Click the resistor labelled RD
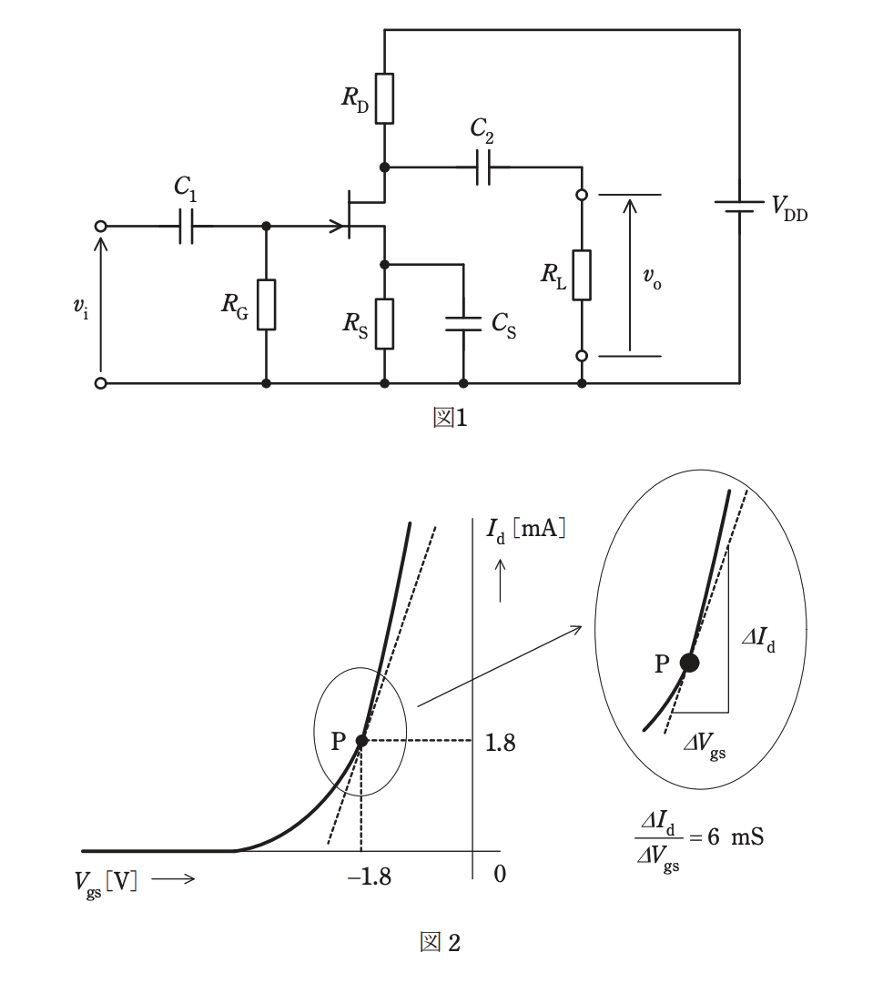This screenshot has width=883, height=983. pyautogui.click(x=384, y=98)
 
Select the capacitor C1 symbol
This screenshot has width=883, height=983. pyautogui.click(x=187, y=227)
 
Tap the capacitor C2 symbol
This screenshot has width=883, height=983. pyautogui.click(x=482, y=167)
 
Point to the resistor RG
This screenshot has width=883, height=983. pyautogui.click(x=266, y=305)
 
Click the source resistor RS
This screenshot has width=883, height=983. pyautogui.click(x=384, y=323)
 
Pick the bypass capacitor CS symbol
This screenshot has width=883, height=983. pyautogui.click(x=463, y=323)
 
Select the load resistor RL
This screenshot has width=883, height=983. pyautogui.click(x=582, y=275)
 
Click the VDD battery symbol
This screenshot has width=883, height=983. pyautogui.click(x=739, y=207)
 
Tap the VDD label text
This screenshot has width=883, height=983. pyautogui.click(x=789, y=208)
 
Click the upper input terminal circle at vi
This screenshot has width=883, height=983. pyautogui.click(x=100, y=227)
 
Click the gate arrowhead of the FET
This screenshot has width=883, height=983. pyautogui.click(x=340, y=227)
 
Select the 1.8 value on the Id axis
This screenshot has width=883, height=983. pyautogui.click(x=501, y=743)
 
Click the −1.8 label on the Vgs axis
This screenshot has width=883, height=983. pyautogui.click(x=370, y=877)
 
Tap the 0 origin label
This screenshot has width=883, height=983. pyautogui.click(x=500, y=874)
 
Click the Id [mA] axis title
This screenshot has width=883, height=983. pyautogui.click(x=525, y=531)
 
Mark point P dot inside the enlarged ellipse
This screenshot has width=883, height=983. pyautogui.click(x=689, y=663)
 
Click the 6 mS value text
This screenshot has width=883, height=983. pyautogui.click(x=736, y=837)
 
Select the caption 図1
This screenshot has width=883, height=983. pyautogui.click(x=450, y=418)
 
